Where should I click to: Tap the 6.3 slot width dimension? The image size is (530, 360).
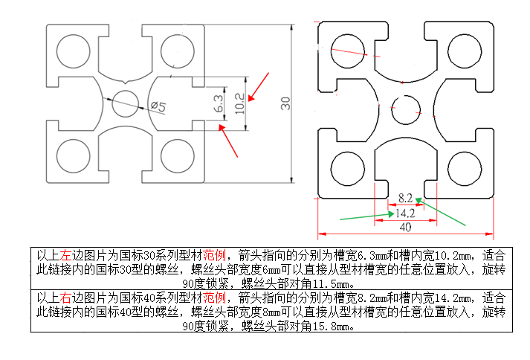coord(218,103)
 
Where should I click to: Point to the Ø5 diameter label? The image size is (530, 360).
coord(158,106)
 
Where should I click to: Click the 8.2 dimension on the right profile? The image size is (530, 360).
coord(405,198)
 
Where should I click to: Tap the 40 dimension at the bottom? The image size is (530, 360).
coord(406,227)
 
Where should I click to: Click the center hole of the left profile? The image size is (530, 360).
coord(125,102)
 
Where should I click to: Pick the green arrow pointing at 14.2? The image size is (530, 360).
coord(363,216)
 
